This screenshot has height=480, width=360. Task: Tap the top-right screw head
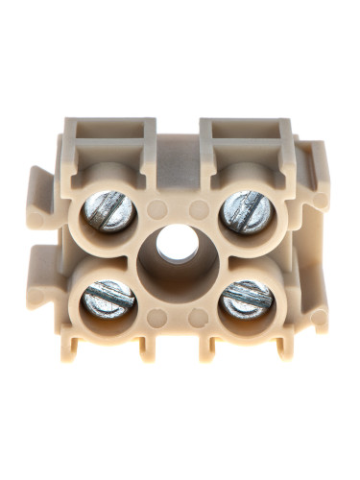(x=245, y=211)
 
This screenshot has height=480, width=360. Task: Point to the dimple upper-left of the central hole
(x=158, y=207)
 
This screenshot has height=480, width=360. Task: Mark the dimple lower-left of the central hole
(x=158, y=314)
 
